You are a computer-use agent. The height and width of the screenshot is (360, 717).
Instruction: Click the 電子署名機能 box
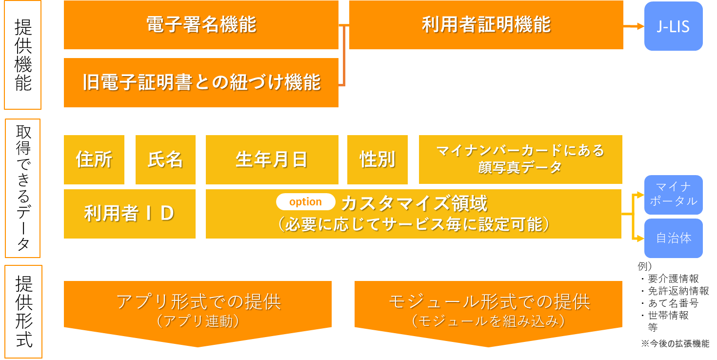[x=201, y=25]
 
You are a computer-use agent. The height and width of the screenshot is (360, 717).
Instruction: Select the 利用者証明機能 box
[x=486, y=25]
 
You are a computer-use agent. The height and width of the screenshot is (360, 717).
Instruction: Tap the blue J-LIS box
[x=673, y=26]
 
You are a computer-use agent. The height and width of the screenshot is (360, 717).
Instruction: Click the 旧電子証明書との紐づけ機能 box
[x=201, y=82]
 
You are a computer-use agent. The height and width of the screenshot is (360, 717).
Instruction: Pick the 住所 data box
[x=94, y=160]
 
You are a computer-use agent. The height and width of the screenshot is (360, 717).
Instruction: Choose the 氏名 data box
[x=165, y=160]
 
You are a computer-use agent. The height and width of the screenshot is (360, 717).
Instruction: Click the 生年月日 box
[x=272, y=160]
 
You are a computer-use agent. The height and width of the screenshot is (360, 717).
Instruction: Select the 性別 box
[x=377, y=160]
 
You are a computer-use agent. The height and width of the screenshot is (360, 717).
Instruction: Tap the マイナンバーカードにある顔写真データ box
[x=520, y=160]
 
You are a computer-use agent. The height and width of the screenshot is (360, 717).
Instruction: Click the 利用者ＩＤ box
[x=129, y=214]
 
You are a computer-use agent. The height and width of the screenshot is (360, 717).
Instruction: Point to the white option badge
[x=306, y=202]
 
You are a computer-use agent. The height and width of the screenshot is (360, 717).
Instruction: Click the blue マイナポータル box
[x=673, y=195]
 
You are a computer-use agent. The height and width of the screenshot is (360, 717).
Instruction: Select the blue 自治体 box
[x=673, y=238]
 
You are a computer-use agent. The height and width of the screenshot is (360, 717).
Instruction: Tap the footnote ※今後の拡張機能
[x=675, y=344]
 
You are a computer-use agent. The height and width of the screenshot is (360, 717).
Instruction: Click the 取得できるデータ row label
[x=23, y=188]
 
